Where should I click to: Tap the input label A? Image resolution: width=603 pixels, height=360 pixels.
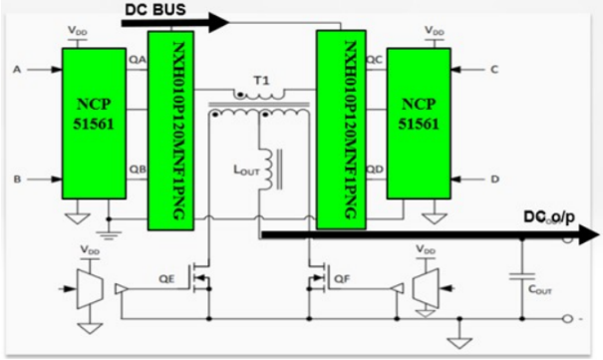[15, 70]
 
